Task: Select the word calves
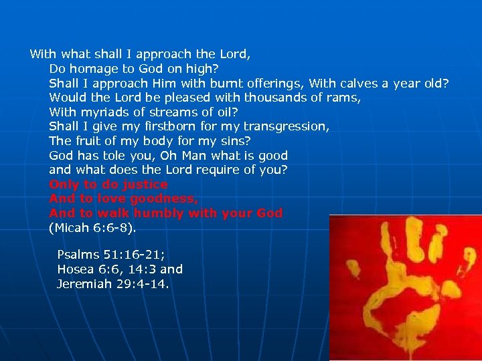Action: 361,83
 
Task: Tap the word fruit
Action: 88,140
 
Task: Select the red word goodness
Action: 165,199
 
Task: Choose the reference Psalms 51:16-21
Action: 110,255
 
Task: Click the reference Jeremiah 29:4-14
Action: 113,284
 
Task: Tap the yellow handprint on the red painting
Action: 402,287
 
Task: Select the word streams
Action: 167,112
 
